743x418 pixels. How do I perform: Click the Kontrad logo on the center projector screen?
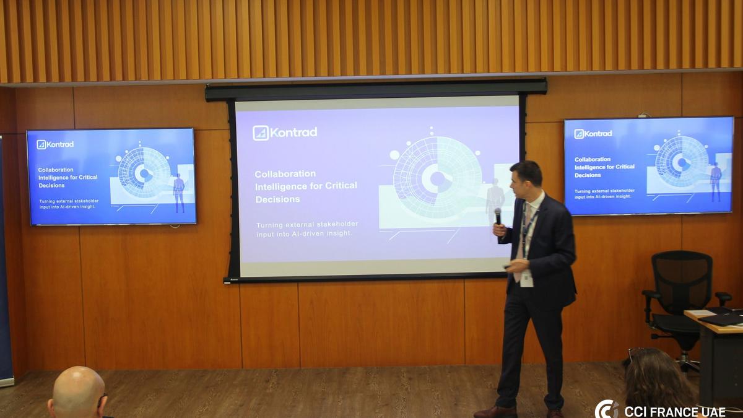(285, 133)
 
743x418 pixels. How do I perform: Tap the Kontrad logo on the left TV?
(55, 145)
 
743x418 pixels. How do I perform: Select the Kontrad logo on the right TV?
(593, 134)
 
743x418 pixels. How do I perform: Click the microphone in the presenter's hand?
(498, 216)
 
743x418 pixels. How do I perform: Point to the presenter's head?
(526, 179)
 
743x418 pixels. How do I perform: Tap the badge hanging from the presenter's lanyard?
(526, 278)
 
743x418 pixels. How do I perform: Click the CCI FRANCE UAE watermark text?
(675, 412)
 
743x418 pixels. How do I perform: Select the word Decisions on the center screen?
(277, 199)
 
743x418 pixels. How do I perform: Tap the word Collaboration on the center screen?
(285, 174)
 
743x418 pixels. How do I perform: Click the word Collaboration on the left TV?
(56, 170)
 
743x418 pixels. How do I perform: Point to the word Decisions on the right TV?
(588, 175)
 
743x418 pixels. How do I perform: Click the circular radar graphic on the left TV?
(145, 173)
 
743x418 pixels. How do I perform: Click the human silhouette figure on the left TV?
(179, 193)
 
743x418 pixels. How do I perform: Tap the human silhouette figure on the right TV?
(716, 182)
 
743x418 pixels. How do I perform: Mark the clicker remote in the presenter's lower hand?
(508, 266)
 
